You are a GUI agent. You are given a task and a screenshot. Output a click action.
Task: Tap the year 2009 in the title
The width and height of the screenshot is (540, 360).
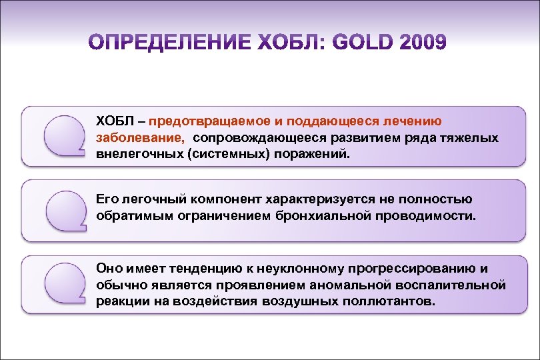[423, 43]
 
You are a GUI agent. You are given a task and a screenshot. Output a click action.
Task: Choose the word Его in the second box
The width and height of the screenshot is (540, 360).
[107, 199]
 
